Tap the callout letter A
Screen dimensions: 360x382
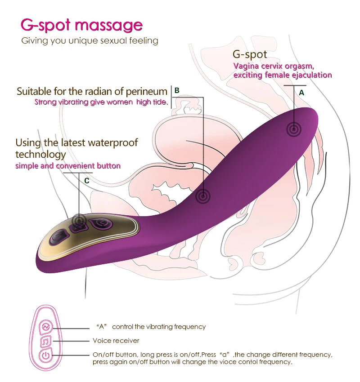(x=302, y=92)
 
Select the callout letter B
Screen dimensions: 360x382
(x=177, y=90)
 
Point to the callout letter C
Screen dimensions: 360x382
(x=87, y=180)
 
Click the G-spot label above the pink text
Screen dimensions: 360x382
(x=250, y=54)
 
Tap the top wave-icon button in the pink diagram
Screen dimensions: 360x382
(x=45, y=326)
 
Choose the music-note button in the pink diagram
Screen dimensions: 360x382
(x=45, y=341)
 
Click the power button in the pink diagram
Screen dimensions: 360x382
(x=45, y=356)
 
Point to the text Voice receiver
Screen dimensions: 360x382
(x=116, y=341)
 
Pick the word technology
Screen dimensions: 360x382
(x=40, y=154)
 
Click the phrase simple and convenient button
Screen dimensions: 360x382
(x=68, y=166)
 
